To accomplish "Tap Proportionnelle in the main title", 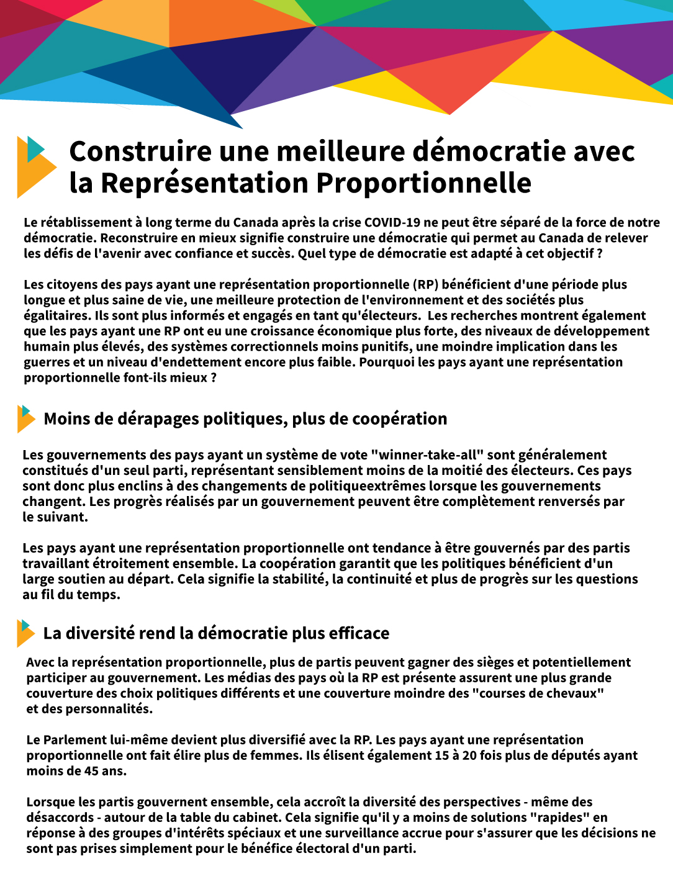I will [423, 183].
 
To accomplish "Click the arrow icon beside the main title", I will [36, 166].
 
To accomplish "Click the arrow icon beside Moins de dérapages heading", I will [26, 419].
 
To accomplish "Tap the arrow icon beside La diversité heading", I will [25, 633].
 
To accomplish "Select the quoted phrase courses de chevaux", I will [538, 693].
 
